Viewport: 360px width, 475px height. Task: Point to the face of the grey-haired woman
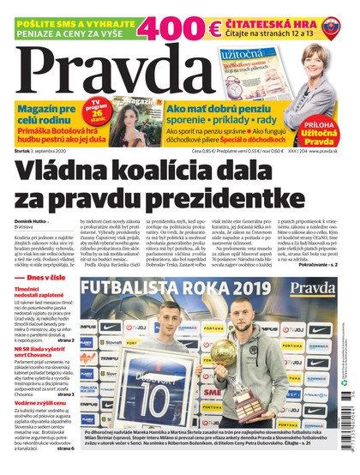pyautogui.click(x=314, y=63)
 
